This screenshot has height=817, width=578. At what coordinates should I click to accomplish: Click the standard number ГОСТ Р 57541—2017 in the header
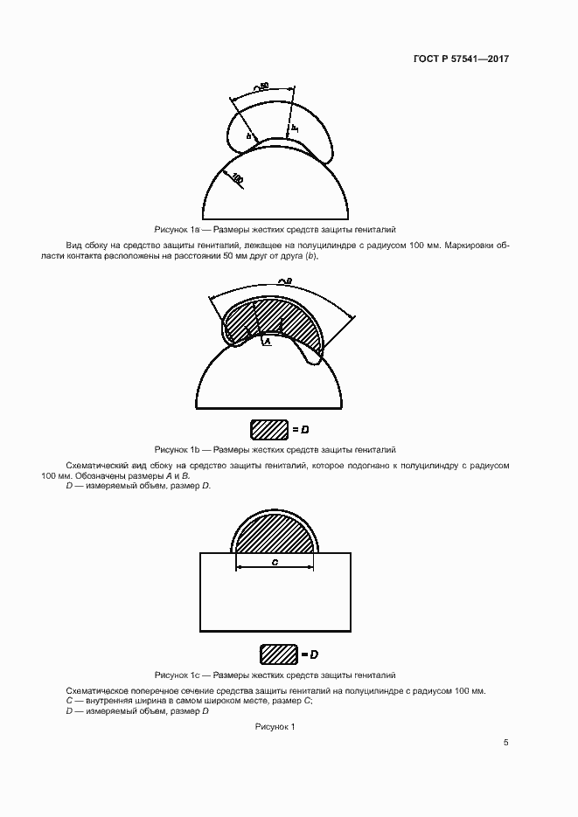[460, 59]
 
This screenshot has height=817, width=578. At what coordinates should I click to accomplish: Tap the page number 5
[506, 743]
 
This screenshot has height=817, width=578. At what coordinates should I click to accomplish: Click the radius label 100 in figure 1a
[237, 178]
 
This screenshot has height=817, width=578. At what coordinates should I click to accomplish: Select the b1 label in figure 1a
[296, 128]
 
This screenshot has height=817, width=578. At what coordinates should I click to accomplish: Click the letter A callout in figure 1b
[268, 343]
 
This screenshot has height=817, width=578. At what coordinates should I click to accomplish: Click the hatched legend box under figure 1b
[268, 429]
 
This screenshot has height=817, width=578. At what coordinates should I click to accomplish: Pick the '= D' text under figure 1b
[301, 430]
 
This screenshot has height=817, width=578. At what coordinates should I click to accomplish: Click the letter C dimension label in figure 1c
[275, 563]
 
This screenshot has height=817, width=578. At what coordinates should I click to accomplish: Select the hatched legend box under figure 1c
[277, 654]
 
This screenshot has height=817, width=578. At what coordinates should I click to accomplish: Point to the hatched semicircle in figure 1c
[275, 531]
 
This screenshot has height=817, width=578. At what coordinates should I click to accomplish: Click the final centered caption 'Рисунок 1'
[275, 727]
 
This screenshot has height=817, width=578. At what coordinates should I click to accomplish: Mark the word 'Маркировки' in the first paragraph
[470, 245]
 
